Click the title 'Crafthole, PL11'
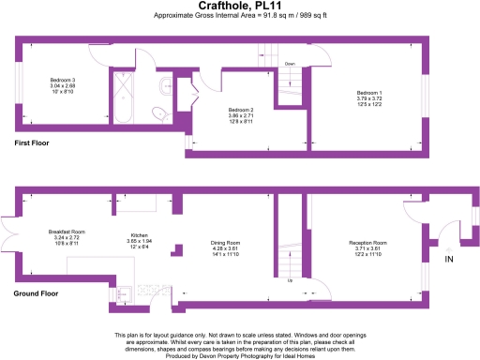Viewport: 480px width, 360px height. tap(239, 6)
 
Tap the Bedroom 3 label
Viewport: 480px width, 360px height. tap(63, 81)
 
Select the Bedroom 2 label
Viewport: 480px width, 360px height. tap(242, 110)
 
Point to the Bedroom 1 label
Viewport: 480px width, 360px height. tap(369, 84)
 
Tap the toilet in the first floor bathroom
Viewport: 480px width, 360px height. tap(160, 113)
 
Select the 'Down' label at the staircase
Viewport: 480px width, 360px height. tap(291, 65)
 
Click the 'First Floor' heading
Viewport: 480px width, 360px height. tap(31, 143)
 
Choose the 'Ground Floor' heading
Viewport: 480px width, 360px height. tap(36, 293)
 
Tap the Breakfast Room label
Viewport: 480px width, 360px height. tap(67, 232)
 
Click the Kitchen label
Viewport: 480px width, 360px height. tap(139, 236)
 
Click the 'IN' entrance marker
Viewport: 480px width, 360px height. tap(448, 259)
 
